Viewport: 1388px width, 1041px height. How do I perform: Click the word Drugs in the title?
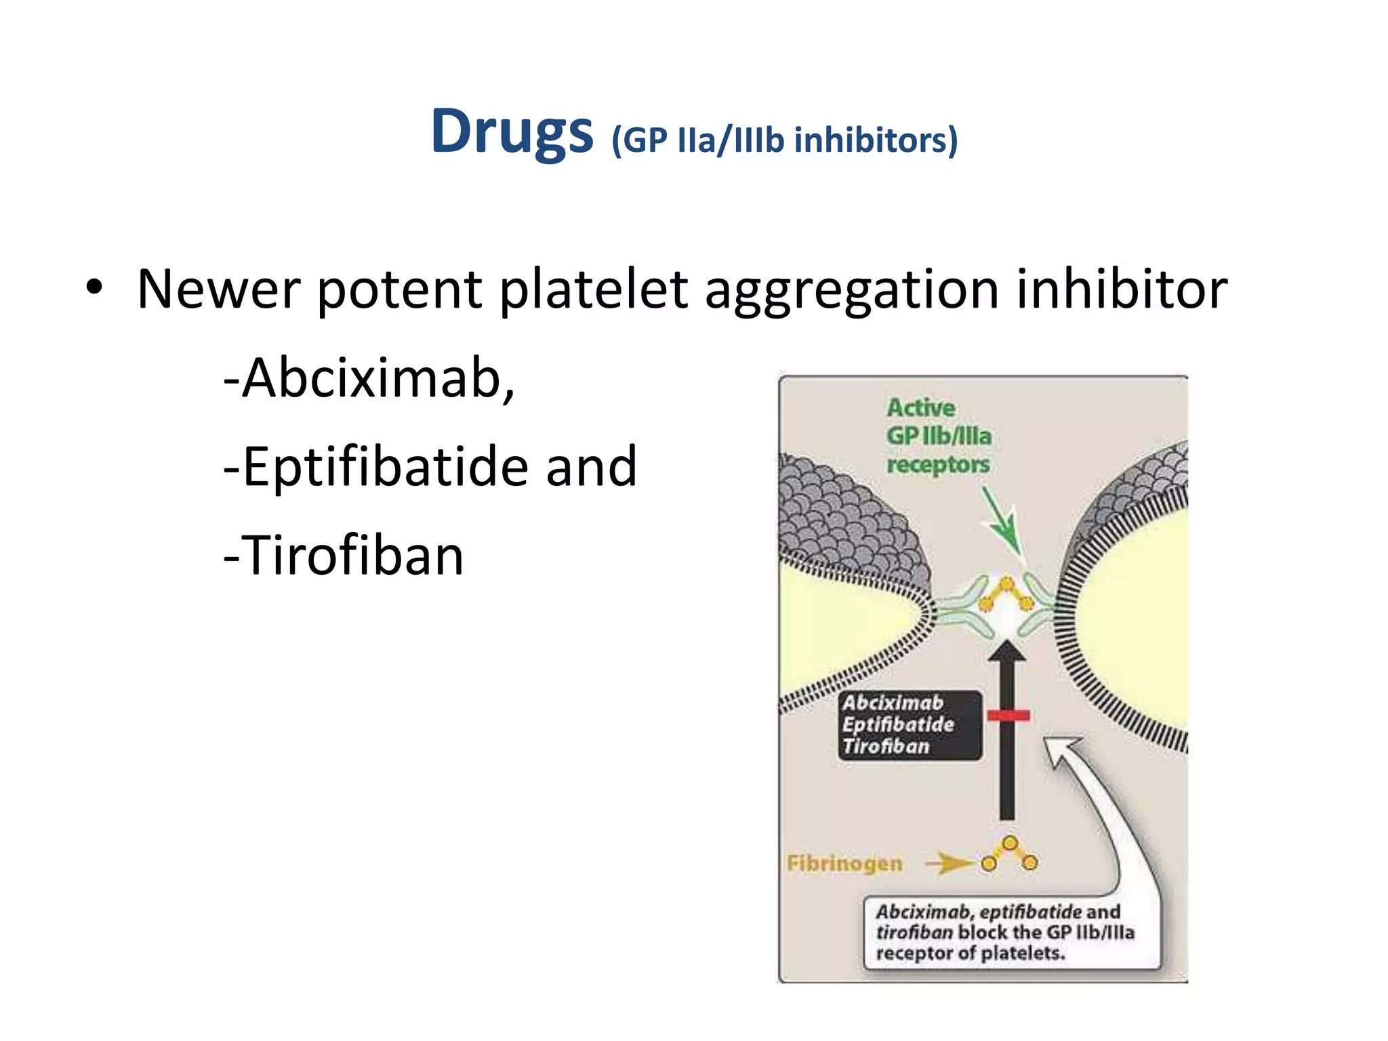[512, 132]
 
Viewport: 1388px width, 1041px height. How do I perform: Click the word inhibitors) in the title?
[876, 140]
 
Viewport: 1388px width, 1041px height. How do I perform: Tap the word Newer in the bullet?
[218, 289]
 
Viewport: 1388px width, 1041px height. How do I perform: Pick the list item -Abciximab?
[369, 378]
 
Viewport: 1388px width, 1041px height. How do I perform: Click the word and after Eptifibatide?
[591, 467]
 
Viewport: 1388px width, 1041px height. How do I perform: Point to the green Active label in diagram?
[920, 408]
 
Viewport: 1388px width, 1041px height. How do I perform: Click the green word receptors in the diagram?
[938, 465]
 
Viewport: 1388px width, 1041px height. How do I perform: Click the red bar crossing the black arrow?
[1008, 715]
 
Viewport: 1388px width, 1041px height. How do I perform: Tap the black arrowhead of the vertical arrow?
[1007, 651]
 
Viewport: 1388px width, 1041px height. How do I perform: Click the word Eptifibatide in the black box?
[898, 724]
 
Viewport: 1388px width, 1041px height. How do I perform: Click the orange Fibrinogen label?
[844, 863]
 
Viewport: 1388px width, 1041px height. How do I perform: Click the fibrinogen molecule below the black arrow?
[1010, 854]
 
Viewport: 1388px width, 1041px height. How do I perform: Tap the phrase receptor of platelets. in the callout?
[971, 954]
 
